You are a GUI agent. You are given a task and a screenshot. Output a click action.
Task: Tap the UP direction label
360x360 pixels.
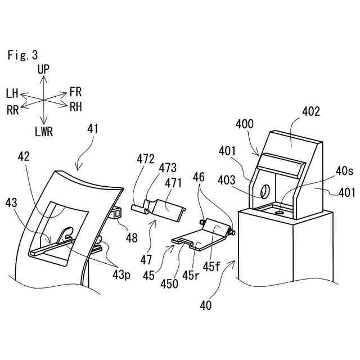tap(43, 69)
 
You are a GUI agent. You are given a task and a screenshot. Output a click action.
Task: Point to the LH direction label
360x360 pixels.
tap(12, 93)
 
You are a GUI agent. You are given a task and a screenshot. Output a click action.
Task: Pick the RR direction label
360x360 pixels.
tap(13, 110)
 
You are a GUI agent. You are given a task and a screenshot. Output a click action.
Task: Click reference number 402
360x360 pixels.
tap(310, 111)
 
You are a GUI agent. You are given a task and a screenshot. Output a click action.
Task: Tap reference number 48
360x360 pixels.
tap(132, 238)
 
